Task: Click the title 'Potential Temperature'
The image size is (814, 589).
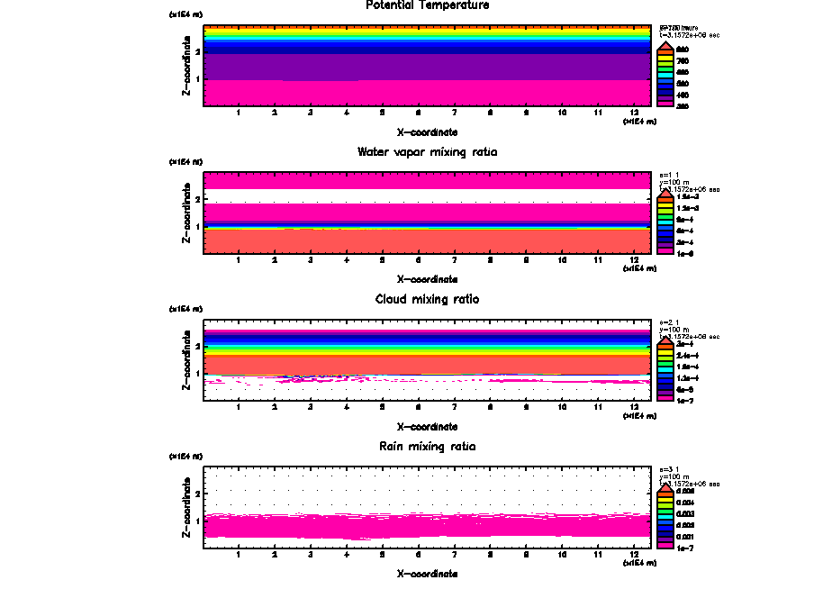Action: pos(428,5)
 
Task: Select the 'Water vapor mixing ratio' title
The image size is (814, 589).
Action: pos(428,152)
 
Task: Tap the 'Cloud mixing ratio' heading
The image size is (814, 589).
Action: pos(428,299)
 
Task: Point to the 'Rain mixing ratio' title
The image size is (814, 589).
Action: pos(428,446)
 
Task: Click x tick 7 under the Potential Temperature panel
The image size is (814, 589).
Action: pos(454,113)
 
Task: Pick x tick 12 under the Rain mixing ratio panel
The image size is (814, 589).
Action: pos(635,555)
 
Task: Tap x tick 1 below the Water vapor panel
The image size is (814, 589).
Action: pos(239,261)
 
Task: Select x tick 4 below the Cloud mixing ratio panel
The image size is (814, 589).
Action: pos(347,408)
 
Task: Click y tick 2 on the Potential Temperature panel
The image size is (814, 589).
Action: pos(197,51)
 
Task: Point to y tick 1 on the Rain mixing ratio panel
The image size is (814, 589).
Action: pos(197,521)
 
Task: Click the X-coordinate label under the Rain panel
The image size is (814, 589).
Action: pos(428,573)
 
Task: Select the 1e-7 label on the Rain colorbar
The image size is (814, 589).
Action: pos(684,547)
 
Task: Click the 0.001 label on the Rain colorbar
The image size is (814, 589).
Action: pos(684,536)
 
